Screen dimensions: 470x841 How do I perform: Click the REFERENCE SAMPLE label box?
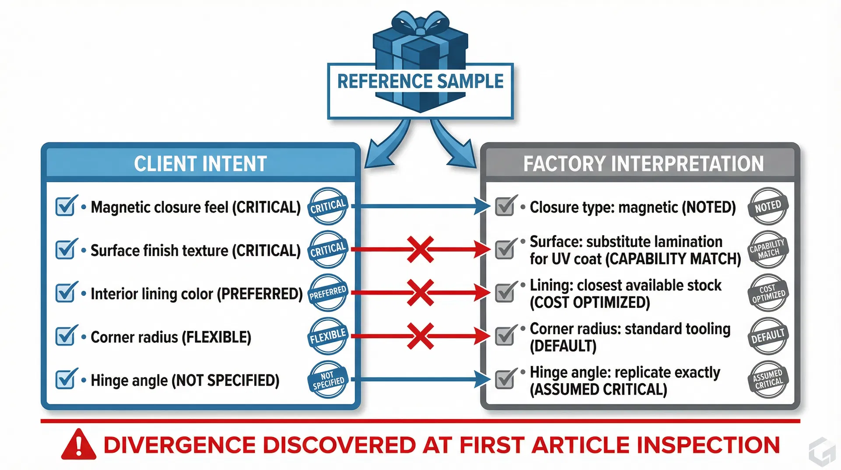420,91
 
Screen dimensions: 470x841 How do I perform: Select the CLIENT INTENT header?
201,164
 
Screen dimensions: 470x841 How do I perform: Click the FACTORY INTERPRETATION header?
643,164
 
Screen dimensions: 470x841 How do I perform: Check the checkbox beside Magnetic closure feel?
66,206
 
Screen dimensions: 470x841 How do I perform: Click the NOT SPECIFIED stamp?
328,380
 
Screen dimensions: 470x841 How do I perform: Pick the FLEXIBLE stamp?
328,336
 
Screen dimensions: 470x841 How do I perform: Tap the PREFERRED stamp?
328,293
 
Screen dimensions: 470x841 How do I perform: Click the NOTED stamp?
768,206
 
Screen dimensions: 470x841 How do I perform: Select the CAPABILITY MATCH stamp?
768,249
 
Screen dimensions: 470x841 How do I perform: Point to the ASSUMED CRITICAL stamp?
768,380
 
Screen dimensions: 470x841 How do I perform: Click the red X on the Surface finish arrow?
420,249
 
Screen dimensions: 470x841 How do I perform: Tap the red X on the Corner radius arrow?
420,336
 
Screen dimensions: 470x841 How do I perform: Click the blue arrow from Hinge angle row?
420,379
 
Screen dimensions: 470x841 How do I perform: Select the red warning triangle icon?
79,445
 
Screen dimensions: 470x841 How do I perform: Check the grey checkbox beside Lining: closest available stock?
505,292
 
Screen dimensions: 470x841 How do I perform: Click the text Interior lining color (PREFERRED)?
196,294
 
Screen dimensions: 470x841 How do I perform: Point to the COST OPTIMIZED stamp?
768,293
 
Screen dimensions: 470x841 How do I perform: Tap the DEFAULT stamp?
768,336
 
